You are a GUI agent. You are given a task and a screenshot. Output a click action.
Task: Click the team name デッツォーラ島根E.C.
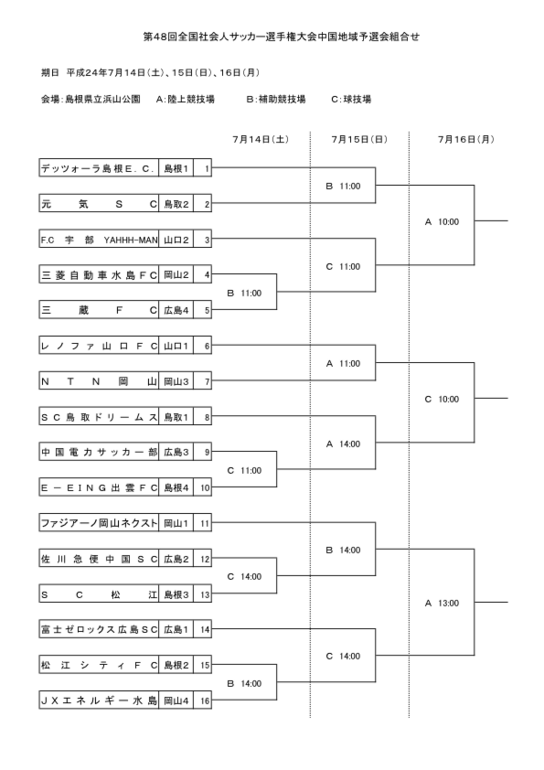click(x=99, y=168)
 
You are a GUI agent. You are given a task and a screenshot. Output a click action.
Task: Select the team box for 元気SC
click(x=99, y=204)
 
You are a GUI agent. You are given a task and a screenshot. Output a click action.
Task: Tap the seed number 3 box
click(x=208, y=240)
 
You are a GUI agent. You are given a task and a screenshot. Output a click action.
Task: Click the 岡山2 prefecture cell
click(x=176, y=274)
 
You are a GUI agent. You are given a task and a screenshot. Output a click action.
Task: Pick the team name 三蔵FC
click(x=99, y=310)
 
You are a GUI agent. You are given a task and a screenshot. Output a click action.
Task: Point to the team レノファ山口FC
click(x=99, y=346)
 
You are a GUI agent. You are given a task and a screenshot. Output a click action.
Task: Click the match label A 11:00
click(x=343, y=363)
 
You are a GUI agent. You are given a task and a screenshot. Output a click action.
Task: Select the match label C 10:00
click(x=442, y=399)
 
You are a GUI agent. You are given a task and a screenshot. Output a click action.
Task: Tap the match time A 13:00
click(x=442, y=603)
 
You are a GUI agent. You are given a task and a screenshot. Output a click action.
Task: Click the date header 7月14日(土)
click(x=260, y=139)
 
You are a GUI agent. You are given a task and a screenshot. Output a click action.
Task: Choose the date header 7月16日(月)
click(x=465, y=139)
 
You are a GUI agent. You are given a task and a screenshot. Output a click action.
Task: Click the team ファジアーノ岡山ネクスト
click(x=99, y=523)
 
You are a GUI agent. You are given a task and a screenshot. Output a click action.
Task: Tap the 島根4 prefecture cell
click(x=176, y=487)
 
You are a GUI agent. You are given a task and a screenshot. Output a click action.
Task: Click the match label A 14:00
click(x=343, y=444)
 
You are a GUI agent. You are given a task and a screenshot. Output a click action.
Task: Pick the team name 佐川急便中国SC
click(x=99, y=559)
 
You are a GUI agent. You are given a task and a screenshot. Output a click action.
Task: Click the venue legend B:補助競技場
click(x=275, y=99)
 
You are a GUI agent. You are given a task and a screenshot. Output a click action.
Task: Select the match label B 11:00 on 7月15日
click(x=343, y=187)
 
